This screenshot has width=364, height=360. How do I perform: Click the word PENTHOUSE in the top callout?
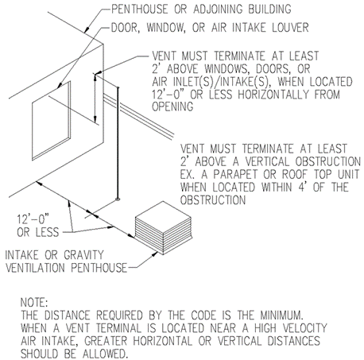point(140,9)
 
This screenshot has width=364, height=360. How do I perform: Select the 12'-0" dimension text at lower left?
point(33,219)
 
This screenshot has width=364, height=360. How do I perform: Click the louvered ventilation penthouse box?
point(164,228)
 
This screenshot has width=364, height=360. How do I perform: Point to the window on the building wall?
point(52,121)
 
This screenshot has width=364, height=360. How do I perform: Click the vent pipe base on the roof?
point(118,199)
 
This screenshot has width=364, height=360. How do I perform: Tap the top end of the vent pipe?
point(118,87)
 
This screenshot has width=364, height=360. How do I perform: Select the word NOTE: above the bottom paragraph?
point(34,302)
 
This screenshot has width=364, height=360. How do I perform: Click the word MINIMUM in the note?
point(281,315)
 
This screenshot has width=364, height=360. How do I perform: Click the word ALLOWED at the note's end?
point(104,354)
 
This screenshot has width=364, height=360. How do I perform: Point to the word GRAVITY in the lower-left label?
point(83,255)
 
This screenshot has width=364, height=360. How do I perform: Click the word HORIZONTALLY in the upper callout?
point(274,94)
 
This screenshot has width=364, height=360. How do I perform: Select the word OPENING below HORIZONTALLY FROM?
point(172,106)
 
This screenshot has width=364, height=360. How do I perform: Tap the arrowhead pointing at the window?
point(60,85)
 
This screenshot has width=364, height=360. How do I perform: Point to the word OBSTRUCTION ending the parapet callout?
point(213,200)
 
